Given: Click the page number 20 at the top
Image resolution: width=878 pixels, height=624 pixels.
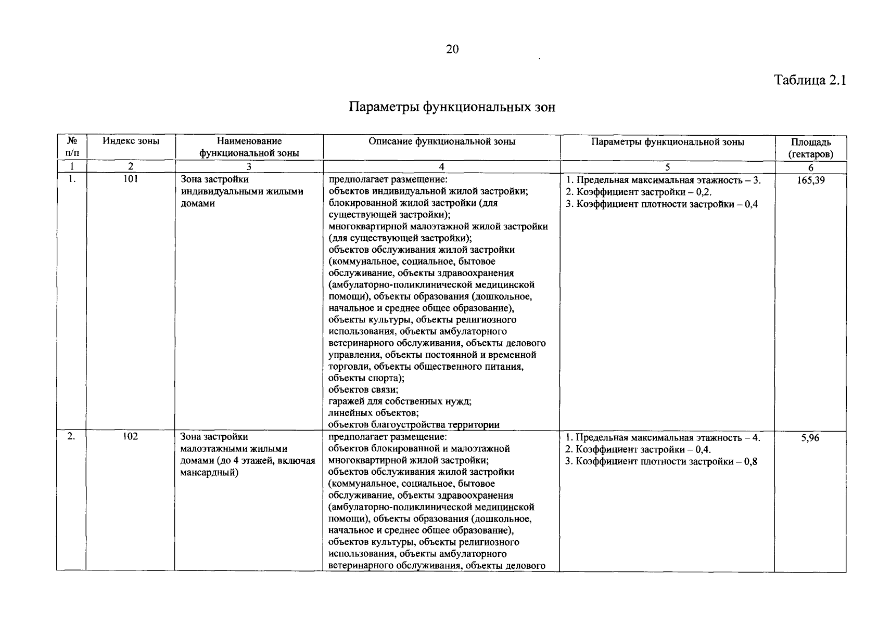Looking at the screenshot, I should pyautogui.click(x=452, y=49).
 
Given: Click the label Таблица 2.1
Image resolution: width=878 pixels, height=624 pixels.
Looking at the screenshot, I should pyautogui.click(x=810, y=81).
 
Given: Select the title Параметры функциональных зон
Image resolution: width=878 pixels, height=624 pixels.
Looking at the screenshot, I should pyautogui.click(x=452, y=107).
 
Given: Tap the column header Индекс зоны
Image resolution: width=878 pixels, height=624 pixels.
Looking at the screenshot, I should pyautogui.click(x=131, y=141).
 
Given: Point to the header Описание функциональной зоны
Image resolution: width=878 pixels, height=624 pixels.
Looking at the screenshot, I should pyautogui.click(x=442, y=141).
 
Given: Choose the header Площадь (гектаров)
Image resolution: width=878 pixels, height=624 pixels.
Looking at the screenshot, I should pyautogui.click(x=810, y=148).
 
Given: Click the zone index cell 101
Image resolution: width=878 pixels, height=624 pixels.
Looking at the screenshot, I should pyautogui.click(x=131, y=180).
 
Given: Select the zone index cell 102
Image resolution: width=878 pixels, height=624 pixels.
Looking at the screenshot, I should pyautogui.click(x=131, y=437).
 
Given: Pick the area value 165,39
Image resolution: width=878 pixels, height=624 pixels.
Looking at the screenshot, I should pyautogui.click(x=810, y=181).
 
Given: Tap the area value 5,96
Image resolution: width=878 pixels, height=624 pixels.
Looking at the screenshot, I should pyautogui.click(x=810, y=438).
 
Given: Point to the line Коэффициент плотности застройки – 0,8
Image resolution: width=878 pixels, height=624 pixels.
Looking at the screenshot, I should pyautogui.click(x=661, y=461).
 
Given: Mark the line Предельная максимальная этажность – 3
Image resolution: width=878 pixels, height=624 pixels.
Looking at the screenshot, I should pyautogui.click(x=663, y=180).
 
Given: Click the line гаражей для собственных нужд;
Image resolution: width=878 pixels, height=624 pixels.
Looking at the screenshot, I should pyautogui.click(x=400, y=401).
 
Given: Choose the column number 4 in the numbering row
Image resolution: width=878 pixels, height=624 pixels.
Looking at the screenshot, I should pyautogui.click(x=441, y=167).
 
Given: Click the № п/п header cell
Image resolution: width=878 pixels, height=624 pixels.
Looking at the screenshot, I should pyautogui.click(x=71, y=147).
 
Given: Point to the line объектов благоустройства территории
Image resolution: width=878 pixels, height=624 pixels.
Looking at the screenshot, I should pyautogui.click(x=414, y=425).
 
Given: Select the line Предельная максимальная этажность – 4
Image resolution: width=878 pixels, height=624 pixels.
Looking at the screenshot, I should pyautogui.click(x=663, y=438).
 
